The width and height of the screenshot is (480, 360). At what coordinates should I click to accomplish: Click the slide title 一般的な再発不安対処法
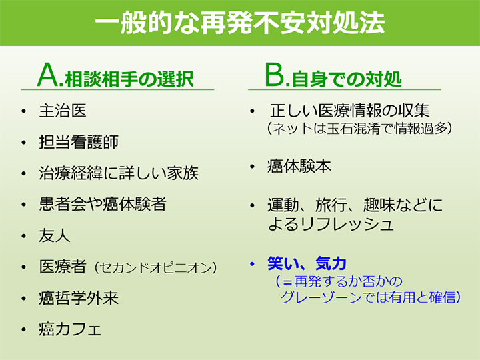[x=240, y=23]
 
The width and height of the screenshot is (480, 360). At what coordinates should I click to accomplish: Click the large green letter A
[x=49, y=75]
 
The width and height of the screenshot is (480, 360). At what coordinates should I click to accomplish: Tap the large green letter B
[x=275, y=75]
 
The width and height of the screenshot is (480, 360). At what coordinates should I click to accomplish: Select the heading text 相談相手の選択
[x=129, y=79]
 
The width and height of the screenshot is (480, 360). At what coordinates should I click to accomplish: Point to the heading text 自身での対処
[x=347, y=79]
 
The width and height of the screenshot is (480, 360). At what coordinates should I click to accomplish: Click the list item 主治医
[x=63, y=111]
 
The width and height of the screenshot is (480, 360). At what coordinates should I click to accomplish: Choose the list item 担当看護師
[x=79, y=142]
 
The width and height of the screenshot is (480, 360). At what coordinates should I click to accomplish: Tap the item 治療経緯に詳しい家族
[x=119, y=173]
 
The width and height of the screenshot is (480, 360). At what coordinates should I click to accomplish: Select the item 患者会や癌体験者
[x=103, y=204]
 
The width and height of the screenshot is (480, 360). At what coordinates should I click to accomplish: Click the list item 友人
[x=55, y=235]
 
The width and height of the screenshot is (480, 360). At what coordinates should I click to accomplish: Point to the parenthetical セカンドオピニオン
[x=156, y=268]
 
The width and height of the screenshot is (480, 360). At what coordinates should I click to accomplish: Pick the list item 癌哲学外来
[x=79, y=298]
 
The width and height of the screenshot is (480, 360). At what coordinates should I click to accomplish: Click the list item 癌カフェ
[x=70, y=329]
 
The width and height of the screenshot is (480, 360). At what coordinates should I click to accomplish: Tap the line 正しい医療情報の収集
[x=350, y=111]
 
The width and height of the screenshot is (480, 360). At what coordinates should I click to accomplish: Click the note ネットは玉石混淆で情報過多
[x=360, y=129]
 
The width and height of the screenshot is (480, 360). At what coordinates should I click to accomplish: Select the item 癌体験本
[x=299, y=167]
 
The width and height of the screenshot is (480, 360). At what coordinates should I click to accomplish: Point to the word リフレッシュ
[x=346, y=225]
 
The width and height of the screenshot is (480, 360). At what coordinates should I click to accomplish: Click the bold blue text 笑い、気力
[x=307, y=263]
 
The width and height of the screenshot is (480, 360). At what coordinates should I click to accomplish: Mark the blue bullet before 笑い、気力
[x=252, y=264]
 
